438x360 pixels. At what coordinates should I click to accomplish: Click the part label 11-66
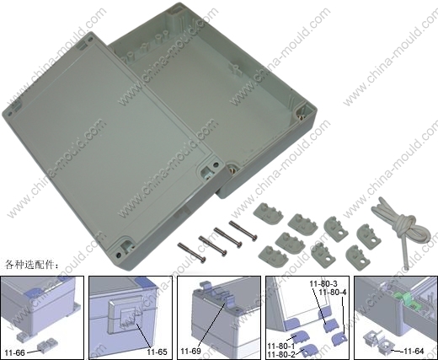pyautogui.click(x=14, y=352)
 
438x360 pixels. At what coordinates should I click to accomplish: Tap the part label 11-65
pyautogui.click(x=158, y=352)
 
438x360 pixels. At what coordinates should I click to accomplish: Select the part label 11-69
pyautogui.click(x=190, y=352)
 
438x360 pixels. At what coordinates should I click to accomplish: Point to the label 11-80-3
pyautogui.click(x=323, y=283)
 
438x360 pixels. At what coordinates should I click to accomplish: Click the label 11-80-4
pyautogui.click(x=333, y=293)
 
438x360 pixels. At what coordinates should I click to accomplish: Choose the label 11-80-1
pyautogui.click(x=281, y=346)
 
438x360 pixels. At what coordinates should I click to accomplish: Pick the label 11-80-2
pyautogui.click(x=281, y=354)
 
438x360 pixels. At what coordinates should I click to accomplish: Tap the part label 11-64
pyautogui.click(x=414, y=351)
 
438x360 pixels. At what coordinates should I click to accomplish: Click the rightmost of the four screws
pyautogui.click(x=243, y=231)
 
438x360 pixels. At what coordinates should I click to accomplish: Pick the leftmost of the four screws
pyautogui.click(x=192, y=251)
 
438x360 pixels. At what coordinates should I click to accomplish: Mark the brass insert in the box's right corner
pyautogui.click(x=301, y=115)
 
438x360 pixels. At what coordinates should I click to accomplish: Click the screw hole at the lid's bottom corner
pyautogui.click(x=119, y=255)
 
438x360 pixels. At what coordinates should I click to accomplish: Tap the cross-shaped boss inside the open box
pyautogui.click(x=235, y=69)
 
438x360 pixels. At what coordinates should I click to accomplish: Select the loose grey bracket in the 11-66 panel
pyautogui.click(x=45, y=346)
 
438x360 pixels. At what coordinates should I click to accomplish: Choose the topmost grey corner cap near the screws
pyautogui.click(x=268, y=213)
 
